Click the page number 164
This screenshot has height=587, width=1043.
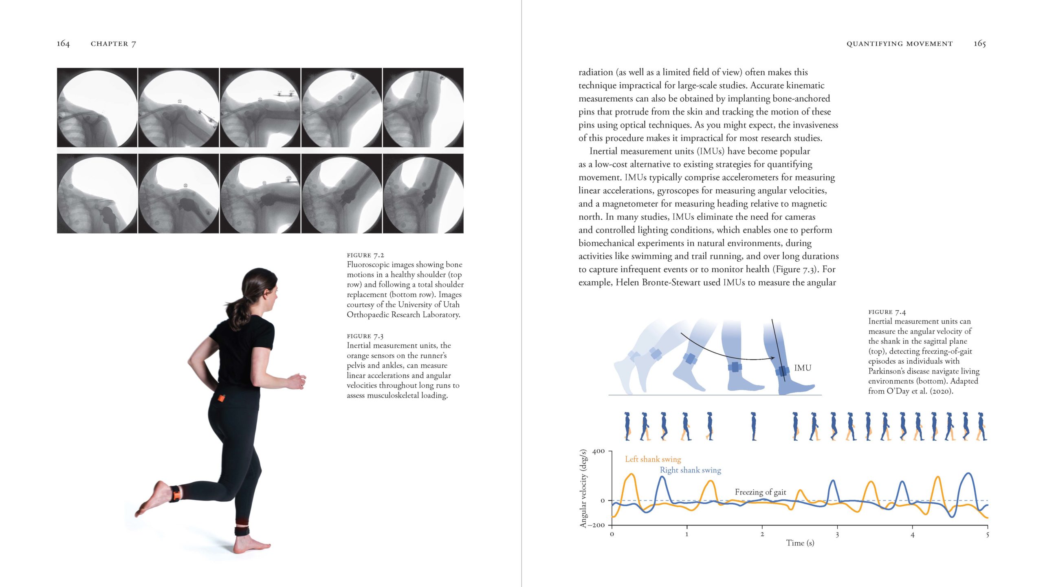pyautogui.click(x=63, y=44)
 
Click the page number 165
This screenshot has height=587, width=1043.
pyautogui.click(x=979, y=44)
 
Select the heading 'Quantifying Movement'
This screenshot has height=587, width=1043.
pyautogui.click(x=900, y=44)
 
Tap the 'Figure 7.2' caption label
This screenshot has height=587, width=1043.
pyautogui.click(x=365, y=255)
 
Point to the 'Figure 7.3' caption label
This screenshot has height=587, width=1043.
pyautogui.click(x=365, y=336)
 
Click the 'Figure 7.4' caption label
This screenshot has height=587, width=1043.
pyautogui.click(x=887, y=312)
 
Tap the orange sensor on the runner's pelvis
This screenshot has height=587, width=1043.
pyautogui.click(x=221, y=398)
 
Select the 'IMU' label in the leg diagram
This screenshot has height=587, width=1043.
pyautogui.click(x=803, y=368)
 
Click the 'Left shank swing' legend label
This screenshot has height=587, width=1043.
pyautogui.click(x=653, y=459)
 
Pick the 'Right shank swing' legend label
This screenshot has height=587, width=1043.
pyautogui.click(x=690, y=470)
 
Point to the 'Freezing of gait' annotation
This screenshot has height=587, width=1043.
pyautogui.click(x=760, y=492)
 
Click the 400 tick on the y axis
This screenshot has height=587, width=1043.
pyautogui.click(x=599, y=451)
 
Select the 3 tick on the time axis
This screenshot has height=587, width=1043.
pyautogui.click(x=837, y=534)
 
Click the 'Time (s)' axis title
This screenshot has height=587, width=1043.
pyautogui.click(x=800, y=543)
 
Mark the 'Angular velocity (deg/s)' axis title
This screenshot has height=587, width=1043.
pyautogui.click(x=583, y=488)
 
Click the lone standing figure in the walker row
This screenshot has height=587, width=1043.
pyautogui.click(x=754, y=426)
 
